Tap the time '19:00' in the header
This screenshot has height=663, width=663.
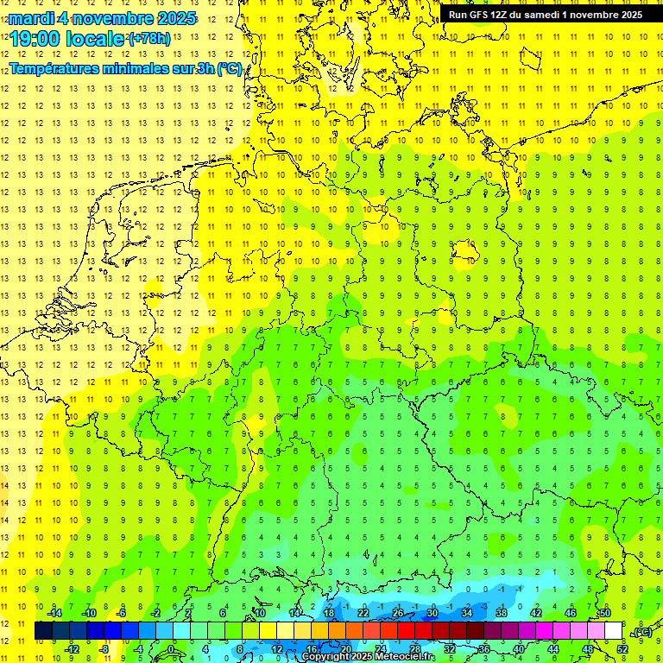[x=35, y=39]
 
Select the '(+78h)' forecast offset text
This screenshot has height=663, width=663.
[x=149, y=39]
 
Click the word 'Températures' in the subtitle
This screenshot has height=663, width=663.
[x=54, y=69]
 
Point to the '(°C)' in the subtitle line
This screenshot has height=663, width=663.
[x=229, y=69]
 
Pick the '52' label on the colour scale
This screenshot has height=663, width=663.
[x=622, y=649]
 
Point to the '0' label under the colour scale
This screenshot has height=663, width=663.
[x=171, y=649]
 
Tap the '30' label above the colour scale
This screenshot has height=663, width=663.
[x=432, y=613]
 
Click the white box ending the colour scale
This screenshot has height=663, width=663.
[x=613, y=631]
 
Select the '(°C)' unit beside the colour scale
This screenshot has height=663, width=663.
[x=642, y=633]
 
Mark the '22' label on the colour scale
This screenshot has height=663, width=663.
[x=363, y=613]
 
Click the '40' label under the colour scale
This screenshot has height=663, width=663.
[x=518, y=649]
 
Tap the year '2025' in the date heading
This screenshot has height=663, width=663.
[x=172, y=18]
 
